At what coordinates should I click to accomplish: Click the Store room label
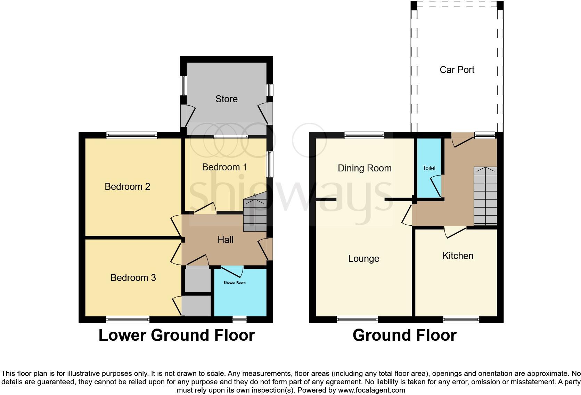pyautogui.click(x=226, y=99)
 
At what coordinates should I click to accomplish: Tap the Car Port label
pyautogui.click(x=457, y=70)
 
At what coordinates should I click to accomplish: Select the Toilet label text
pyautogui.click(x=429, y=168)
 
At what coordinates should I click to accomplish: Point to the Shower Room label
pyautogui.click(x=234, y=283)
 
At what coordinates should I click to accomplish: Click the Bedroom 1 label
pyautogui.click(x=224, y=167)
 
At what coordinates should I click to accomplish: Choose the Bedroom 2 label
pyautogui.click(x=127, y=187)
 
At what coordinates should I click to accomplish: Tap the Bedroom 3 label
pyautogui.click(x=133, y=278)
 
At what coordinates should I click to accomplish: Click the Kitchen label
pyautogui.click(x=457, y=256)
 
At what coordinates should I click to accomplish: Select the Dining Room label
pyautogui.click(x=364, y=168)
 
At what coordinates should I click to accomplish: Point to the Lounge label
pyautogui.click(x=363, y=259)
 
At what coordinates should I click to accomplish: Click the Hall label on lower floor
pyautogui.click(x=225, y=240)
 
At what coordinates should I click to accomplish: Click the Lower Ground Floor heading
pyautogui.click(x=177, y=335)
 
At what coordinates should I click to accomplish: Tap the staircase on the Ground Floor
pyautogui.click(x=485, y=196)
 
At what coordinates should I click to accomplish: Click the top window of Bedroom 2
pyautogui.click(x=131, y=136)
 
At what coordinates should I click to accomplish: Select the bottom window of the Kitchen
pyautogui.click(x=461, y=319)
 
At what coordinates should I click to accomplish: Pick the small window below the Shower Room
pyautogui.click(x=239, y=319)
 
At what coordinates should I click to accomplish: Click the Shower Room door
pyautogui.click(x=232, y=271)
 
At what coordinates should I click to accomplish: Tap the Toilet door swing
pyautogui.click(x=436, y=186)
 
